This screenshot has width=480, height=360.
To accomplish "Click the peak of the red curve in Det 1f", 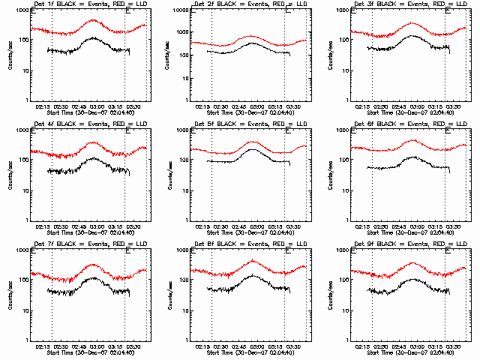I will (92, 20).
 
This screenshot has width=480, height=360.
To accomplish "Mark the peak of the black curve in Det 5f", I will (253, 148).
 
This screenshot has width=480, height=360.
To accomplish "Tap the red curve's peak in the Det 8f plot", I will (253, 260).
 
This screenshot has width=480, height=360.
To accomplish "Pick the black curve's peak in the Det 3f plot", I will (412, 34).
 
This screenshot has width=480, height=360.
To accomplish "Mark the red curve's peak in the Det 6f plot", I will (413, 140).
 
